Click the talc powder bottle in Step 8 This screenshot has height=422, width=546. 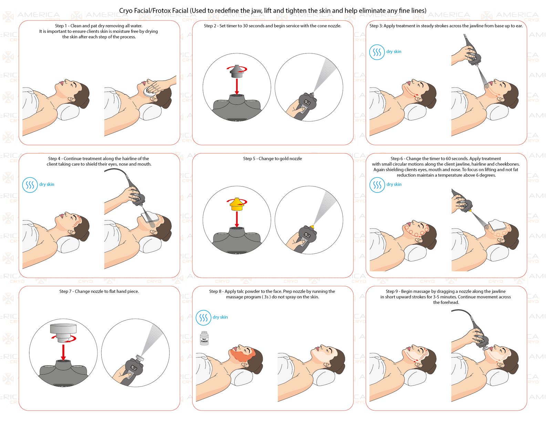tap(204, 338)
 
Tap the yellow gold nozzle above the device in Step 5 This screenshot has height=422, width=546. tap(237, 204)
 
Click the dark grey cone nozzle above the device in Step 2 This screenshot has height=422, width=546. tap(237, 72)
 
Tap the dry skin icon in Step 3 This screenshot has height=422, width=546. tap(377, 52)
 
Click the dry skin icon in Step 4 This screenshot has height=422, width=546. tap(30, 185)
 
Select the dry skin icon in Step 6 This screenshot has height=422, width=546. tap(377, 185)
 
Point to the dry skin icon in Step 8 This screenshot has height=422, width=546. tap(203, 318)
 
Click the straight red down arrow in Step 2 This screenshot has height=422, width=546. tap(237, 87)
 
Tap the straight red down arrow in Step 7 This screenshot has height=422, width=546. tap(63, 352)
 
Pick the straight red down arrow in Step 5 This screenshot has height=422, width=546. tap(237, 219)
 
